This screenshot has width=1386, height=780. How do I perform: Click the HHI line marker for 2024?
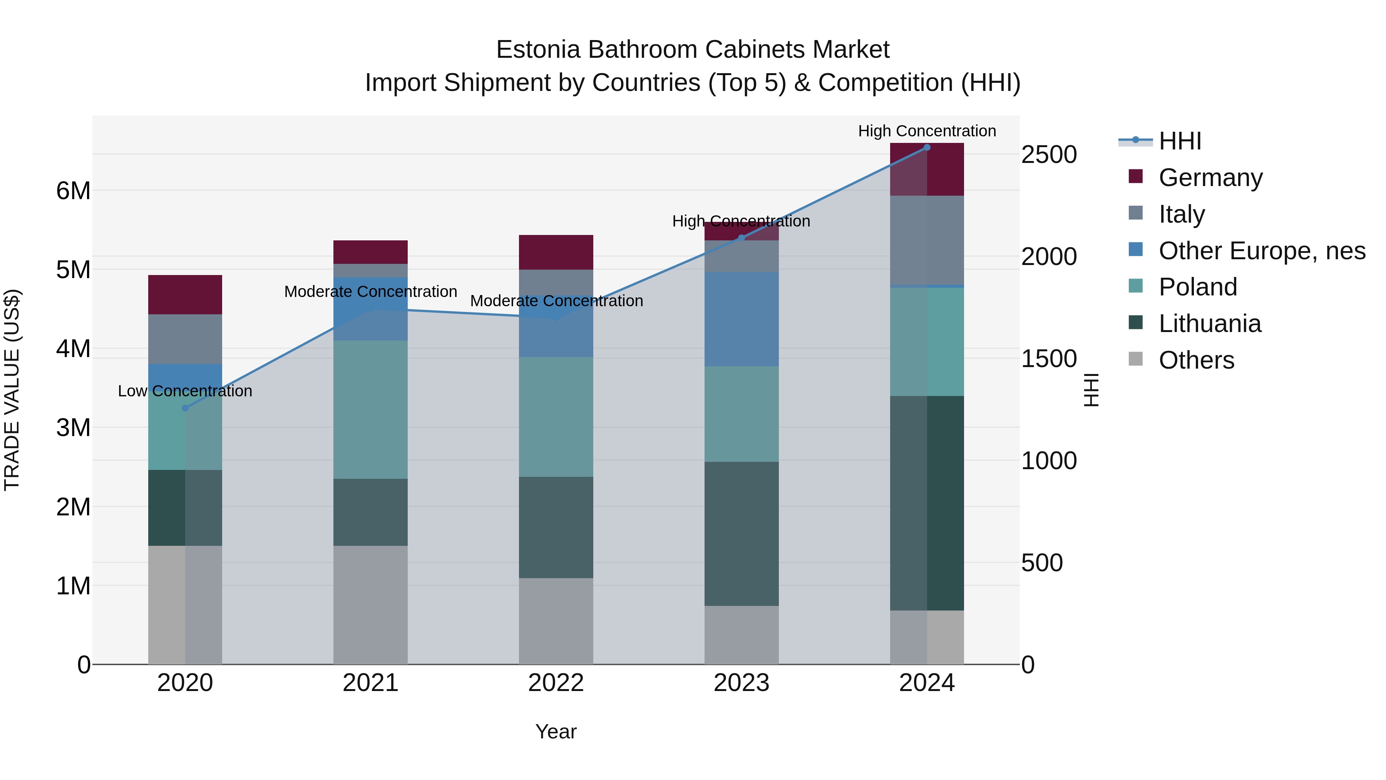[x=927, y=148]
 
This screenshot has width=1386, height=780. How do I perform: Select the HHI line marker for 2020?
[x=185, y=408]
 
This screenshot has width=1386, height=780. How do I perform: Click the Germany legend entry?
[x=1210, y=178]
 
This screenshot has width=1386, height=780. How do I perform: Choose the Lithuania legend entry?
[x=1210, y=324]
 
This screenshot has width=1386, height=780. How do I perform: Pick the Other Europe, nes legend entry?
[x=1262, y=251]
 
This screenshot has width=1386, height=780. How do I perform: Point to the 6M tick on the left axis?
[x=73, y=191]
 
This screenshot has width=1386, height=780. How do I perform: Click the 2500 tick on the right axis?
[x=1049, y=155]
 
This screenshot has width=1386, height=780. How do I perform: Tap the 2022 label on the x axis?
[x=556, y=683]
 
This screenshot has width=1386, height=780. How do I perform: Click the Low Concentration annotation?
[x=185, y=391]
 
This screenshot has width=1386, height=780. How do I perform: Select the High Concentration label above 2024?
[x=927, y=131]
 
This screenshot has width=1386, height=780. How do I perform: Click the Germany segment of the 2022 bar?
[x=556, y=252]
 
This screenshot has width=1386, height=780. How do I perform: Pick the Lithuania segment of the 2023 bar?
[x=742, y=533]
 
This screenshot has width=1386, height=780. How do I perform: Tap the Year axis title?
[x=556, y=731]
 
